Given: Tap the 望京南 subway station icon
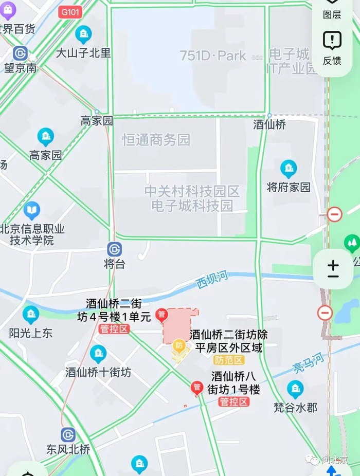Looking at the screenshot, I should [20, 53].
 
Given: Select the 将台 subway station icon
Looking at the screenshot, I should [114, 249].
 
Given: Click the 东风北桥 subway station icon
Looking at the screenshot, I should [68, 435].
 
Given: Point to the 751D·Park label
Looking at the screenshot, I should [213, 56].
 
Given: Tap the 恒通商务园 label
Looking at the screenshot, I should [156, 139].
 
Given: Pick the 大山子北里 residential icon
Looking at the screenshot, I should [83, 34].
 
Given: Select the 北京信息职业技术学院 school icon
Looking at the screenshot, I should [32, 210].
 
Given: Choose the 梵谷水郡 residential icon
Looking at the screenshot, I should [295, 390].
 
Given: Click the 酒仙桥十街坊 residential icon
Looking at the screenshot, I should [98, 354].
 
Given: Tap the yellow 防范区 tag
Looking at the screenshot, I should [229, 360].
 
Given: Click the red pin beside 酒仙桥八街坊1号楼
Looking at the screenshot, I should [196, 388].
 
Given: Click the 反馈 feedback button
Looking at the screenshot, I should [332, 47].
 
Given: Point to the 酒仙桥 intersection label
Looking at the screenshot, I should [269, 124].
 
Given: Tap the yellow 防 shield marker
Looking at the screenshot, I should [179, 345].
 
